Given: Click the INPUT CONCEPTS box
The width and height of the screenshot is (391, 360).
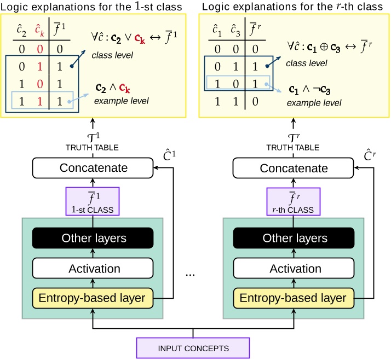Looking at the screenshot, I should (x=193, y=348).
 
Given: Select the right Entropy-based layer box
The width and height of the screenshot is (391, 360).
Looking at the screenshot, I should (x=293, y=298).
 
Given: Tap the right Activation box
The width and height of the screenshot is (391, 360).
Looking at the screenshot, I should (x=293, y=269).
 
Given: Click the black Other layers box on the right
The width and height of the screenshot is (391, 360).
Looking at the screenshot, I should (x=293, y=238).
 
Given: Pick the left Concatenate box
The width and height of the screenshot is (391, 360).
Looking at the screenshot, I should (x=93, y=168).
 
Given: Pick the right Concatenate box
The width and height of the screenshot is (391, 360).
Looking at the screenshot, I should (x=293, y=168).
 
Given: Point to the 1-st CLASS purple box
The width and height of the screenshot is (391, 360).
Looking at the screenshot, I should (x=93, y=201).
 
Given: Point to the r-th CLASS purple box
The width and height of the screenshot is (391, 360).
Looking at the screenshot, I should (x=293, y=201).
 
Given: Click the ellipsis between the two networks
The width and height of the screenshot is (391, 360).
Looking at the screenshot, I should (x=190, y=274).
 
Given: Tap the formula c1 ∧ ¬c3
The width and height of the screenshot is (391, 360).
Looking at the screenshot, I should (x=311, y=89).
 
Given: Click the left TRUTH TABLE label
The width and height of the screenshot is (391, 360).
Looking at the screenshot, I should (x=93, y=147).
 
